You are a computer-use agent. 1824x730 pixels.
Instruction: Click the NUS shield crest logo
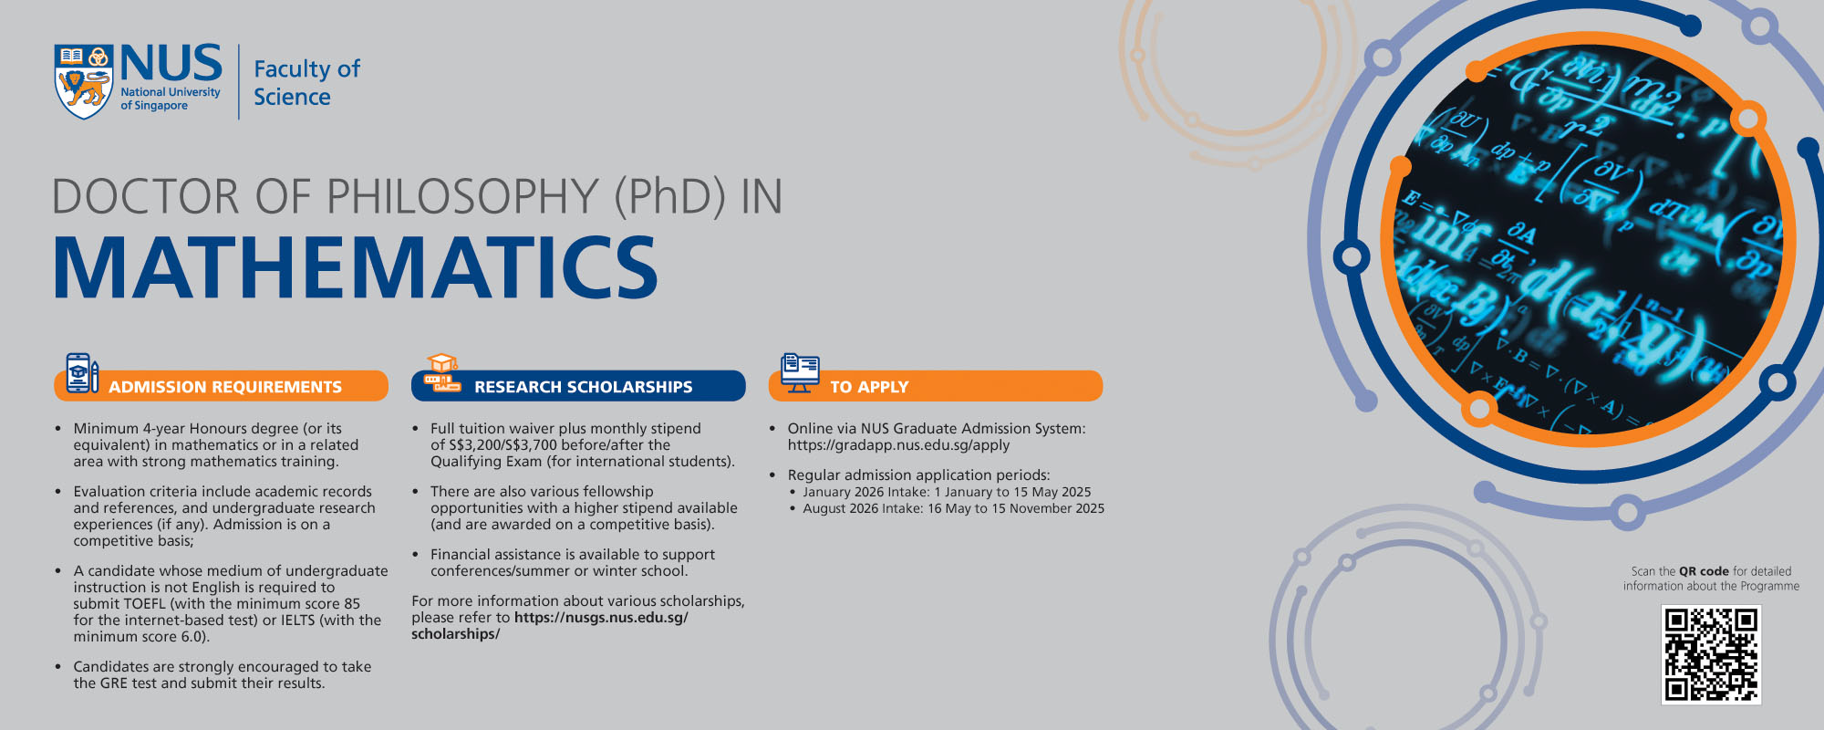(x=84, y=81)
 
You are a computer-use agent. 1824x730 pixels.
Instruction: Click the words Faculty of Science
(x=306, y=83)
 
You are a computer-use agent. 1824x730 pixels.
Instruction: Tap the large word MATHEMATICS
(x=356, y=267)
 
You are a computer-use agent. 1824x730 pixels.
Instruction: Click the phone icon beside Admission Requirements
(x=81, y=373)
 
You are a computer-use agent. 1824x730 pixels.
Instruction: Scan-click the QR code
(x=1711, y=654)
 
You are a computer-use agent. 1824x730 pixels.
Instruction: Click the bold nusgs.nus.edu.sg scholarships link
(x=550, y=626)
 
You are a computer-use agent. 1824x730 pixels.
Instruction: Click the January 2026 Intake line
(x=947, y=492)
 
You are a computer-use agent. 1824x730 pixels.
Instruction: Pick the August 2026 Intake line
(x=953, y=508)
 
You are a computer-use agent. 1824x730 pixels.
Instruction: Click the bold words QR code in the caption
(x=1704, y=571)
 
